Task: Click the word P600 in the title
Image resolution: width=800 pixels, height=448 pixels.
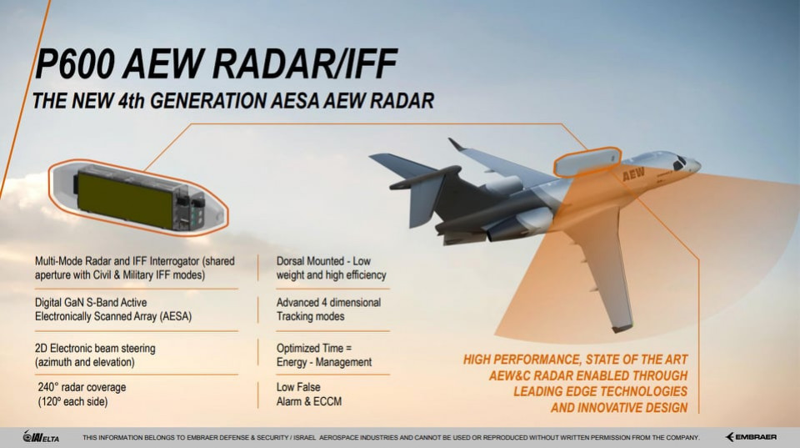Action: click(75, 64)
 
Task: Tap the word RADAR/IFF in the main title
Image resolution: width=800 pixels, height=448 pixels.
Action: click(305, 64)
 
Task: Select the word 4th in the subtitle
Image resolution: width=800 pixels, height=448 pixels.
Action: click(131, 101)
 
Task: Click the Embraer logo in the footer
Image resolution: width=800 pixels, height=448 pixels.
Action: click(751, 437)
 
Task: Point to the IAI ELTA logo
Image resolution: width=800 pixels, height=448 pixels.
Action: click(41, 437)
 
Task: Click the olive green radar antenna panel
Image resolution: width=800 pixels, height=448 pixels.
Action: click(126, 199)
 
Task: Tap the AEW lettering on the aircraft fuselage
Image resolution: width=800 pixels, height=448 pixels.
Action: click(633, 174)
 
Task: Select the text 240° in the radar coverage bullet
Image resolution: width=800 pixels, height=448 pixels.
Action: click(48, 387)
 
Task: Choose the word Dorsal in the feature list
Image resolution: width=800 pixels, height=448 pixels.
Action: click(292, 261)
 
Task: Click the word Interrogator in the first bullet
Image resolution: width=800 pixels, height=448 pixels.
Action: click(174, 262)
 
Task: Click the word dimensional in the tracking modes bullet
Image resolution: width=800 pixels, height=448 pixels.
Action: click(355, 302)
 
